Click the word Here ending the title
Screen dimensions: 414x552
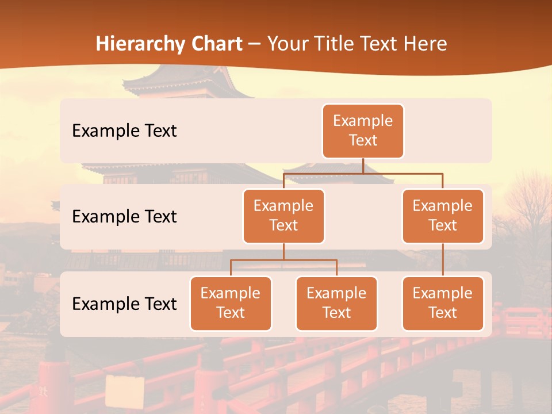click(x=425, y=44)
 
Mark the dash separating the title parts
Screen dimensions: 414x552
click(x=255, y=44)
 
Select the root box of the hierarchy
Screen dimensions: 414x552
click(x=363, y=131)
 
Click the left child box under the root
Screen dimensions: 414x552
click(x=283, y=216)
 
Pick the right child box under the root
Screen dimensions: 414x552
click(x=443, y=216)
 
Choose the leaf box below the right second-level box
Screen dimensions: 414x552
click(x=443, y=303)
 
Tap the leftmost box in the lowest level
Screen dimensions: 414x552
click(x=231, y=303)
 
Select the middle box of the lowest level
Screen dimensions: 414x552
click(x=336, y=303)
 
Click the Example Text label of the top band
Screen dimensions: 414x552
click(x=124, y=131)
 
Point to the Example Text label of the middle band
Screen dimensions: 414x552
click(x=124, y=216)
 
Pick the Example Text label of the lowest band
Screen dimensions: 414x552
click(x=124, y=304)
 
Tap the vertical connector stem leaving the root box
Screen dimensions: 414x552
click(x=363, y=166)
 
